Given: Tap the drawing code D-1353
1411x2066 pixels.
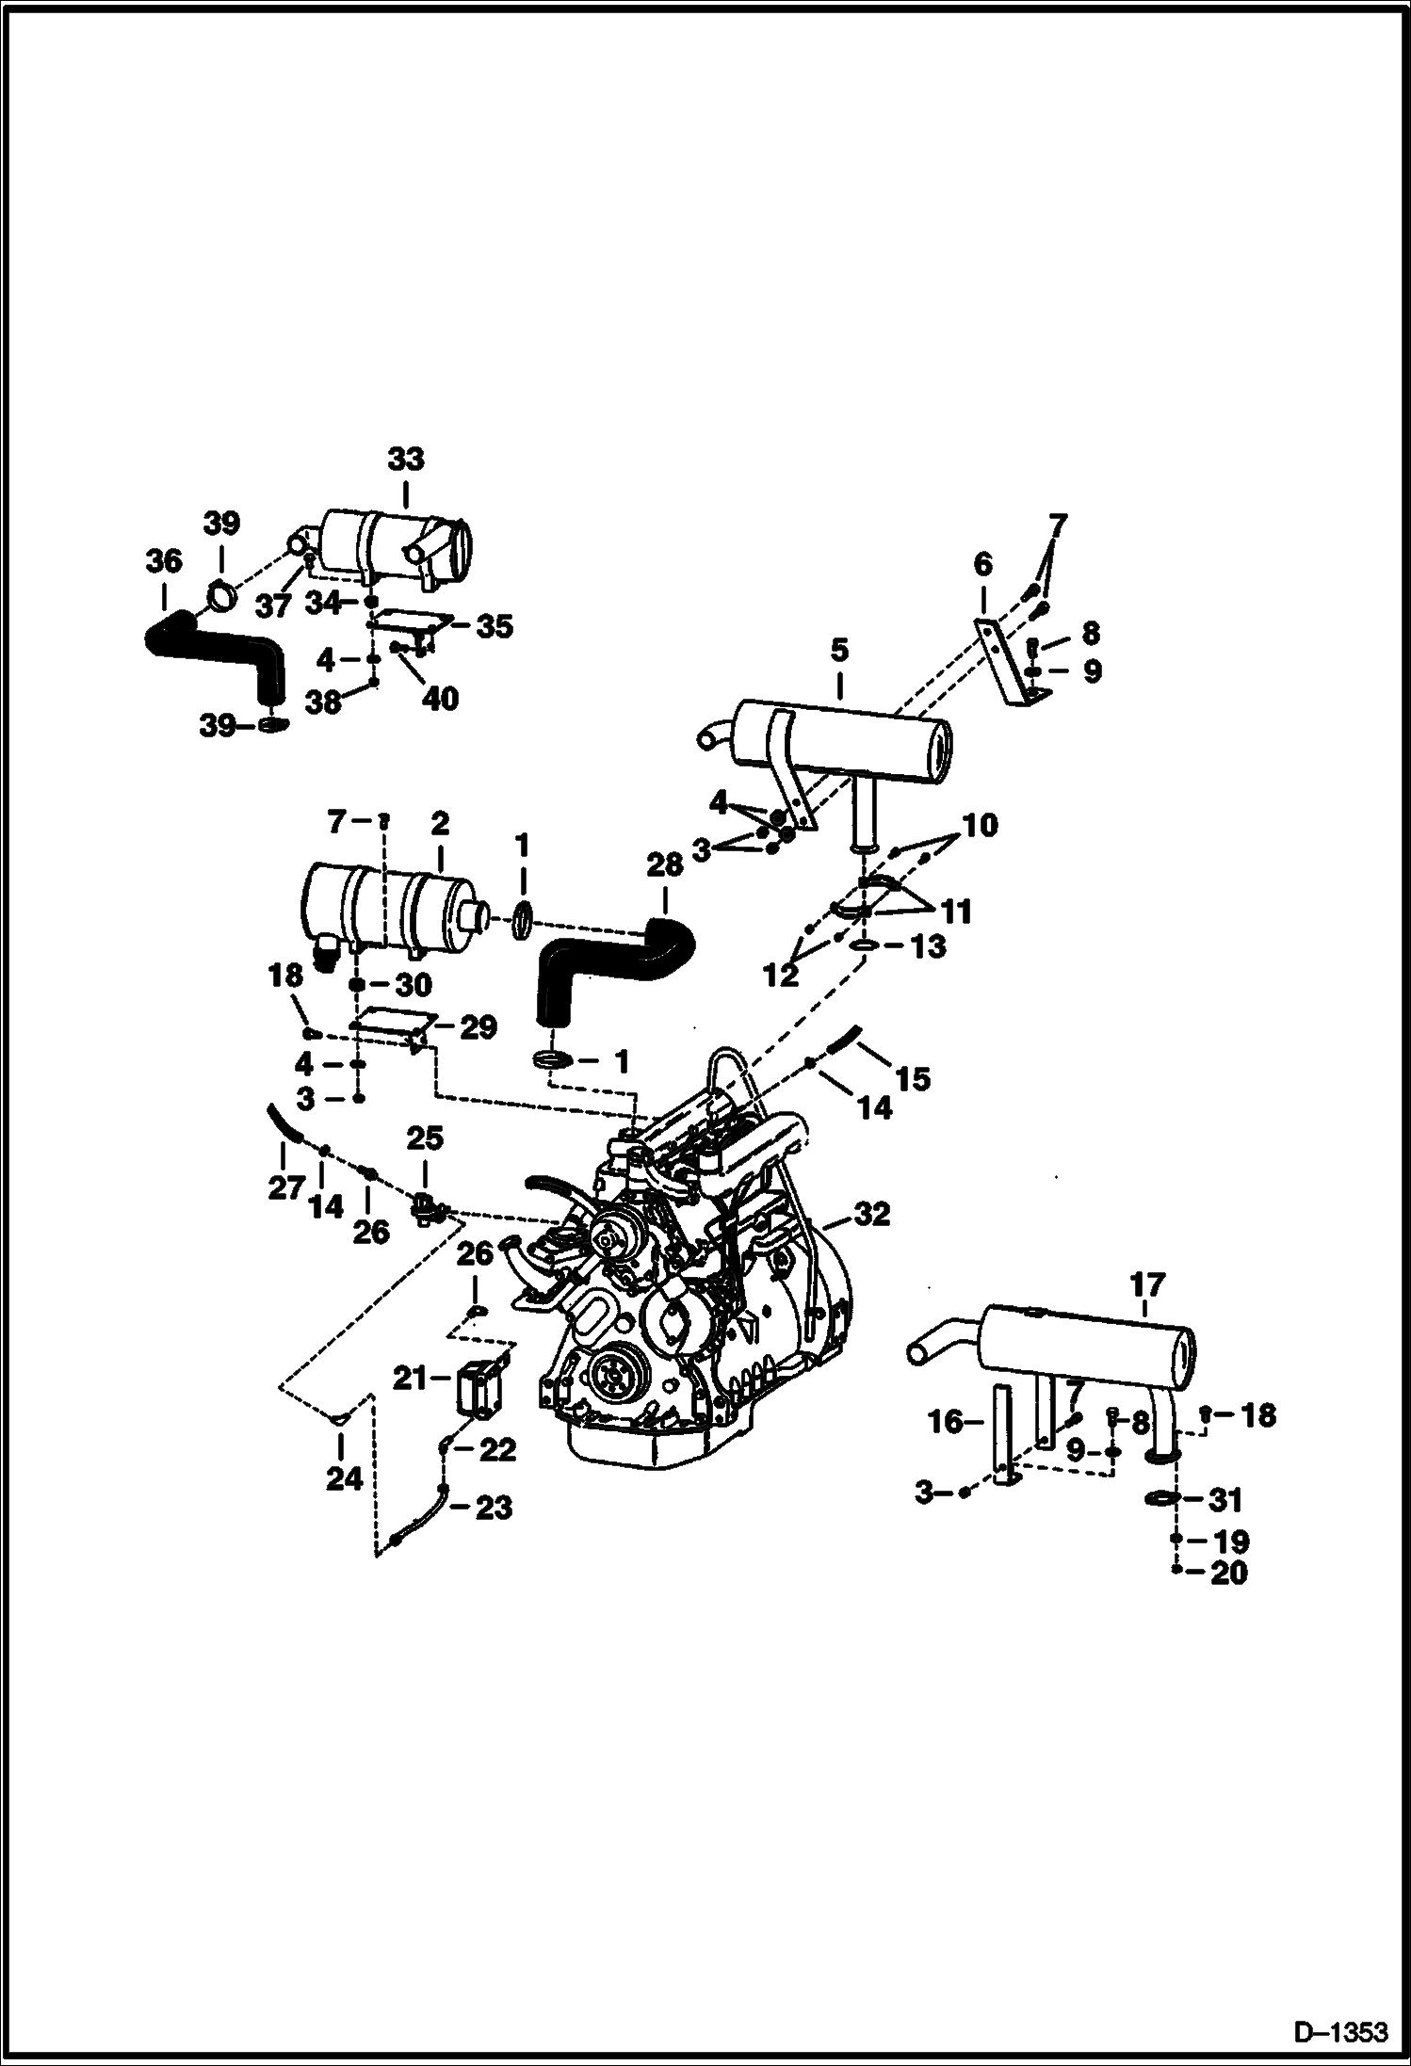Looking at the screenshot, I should click(1340, 2030).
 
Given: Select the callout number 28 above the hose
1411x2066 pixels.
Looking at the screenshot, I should click(665, 864).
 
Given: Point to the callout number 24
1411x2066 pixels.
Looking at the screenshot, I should click(344, 1478).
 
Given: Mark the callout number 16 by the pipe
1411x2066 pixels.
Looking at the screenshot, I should click(945, 1422).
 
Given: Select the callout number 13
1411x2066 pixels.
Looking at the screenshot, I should click(929, 945).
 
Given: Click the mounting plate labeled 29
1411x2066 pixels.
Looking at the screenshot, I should click(391, 1024).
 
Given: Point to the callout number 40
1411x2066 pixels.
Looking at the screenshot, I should click(440, 699).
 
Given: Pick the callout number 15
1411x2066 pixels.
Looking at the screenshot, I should click(912, 1077).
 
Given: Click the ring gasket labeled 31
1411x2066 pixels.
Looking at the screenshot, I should click(1164, 1497).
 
